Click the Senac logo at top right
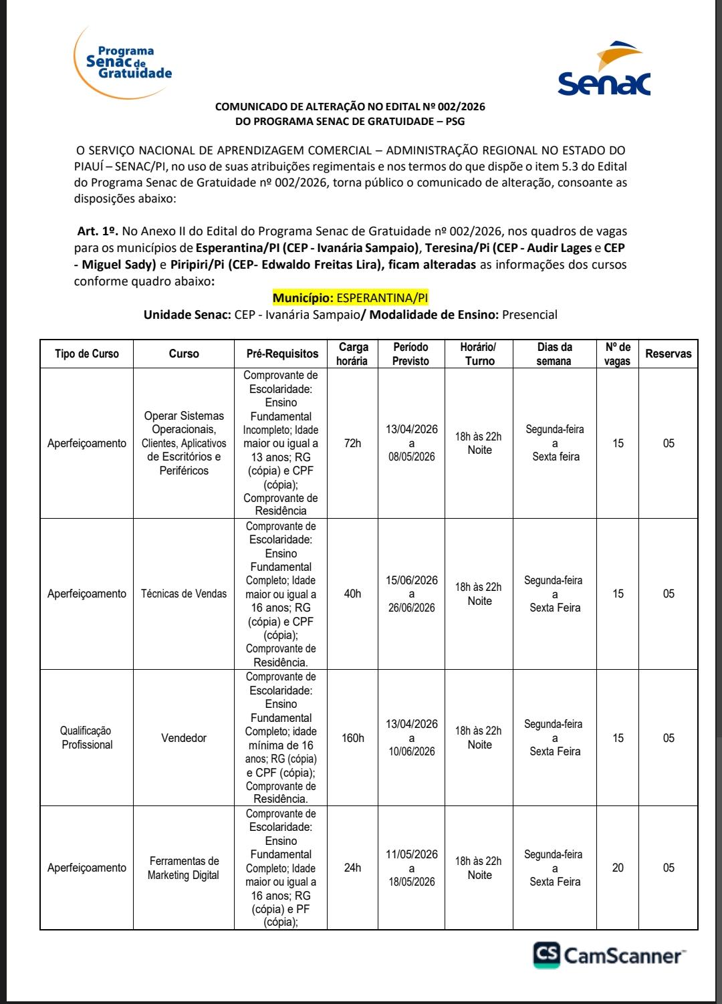pyautogui.click(x=604, y=70)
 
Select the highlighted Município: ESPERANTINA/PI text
pyautogui.click(x=350, y=298)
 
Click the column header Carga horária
pyautogui.click(x=352, y=354)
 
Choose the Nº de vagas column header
pyautogui.click(x=618, y=354)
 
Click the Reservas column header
pyautogui.click(x=668, y=354)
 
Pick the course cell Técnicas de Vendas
pyautogui.click(x=184, y=594)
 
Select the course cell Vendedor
pyautogui.click(x=184, y=738)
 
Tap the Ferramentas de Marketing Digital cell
pyautogui.click(x=184, y=868)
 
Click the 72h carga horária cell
pyautogui.click(x=352, y=443)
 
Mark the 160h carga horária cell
pyautogui.click(x=353, y=738)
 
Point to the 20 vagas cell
pyautogui.click(x=618, y=868)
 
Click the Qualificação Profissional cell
pyautogui.click(x=87, y=738)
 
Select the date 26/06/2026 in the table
pyautogui.click(x=412, y=608)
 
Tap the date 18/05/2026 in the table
pyautogui.click(x=412, y=882)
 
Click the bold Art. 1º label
pyautogui.click(x=98, y=231)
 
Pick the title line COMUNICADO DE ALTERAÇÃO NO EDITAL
pyautogui.click(x=350, y=106)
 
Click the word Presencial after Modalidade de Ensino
pyautogui.click(x=529, y=315)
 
